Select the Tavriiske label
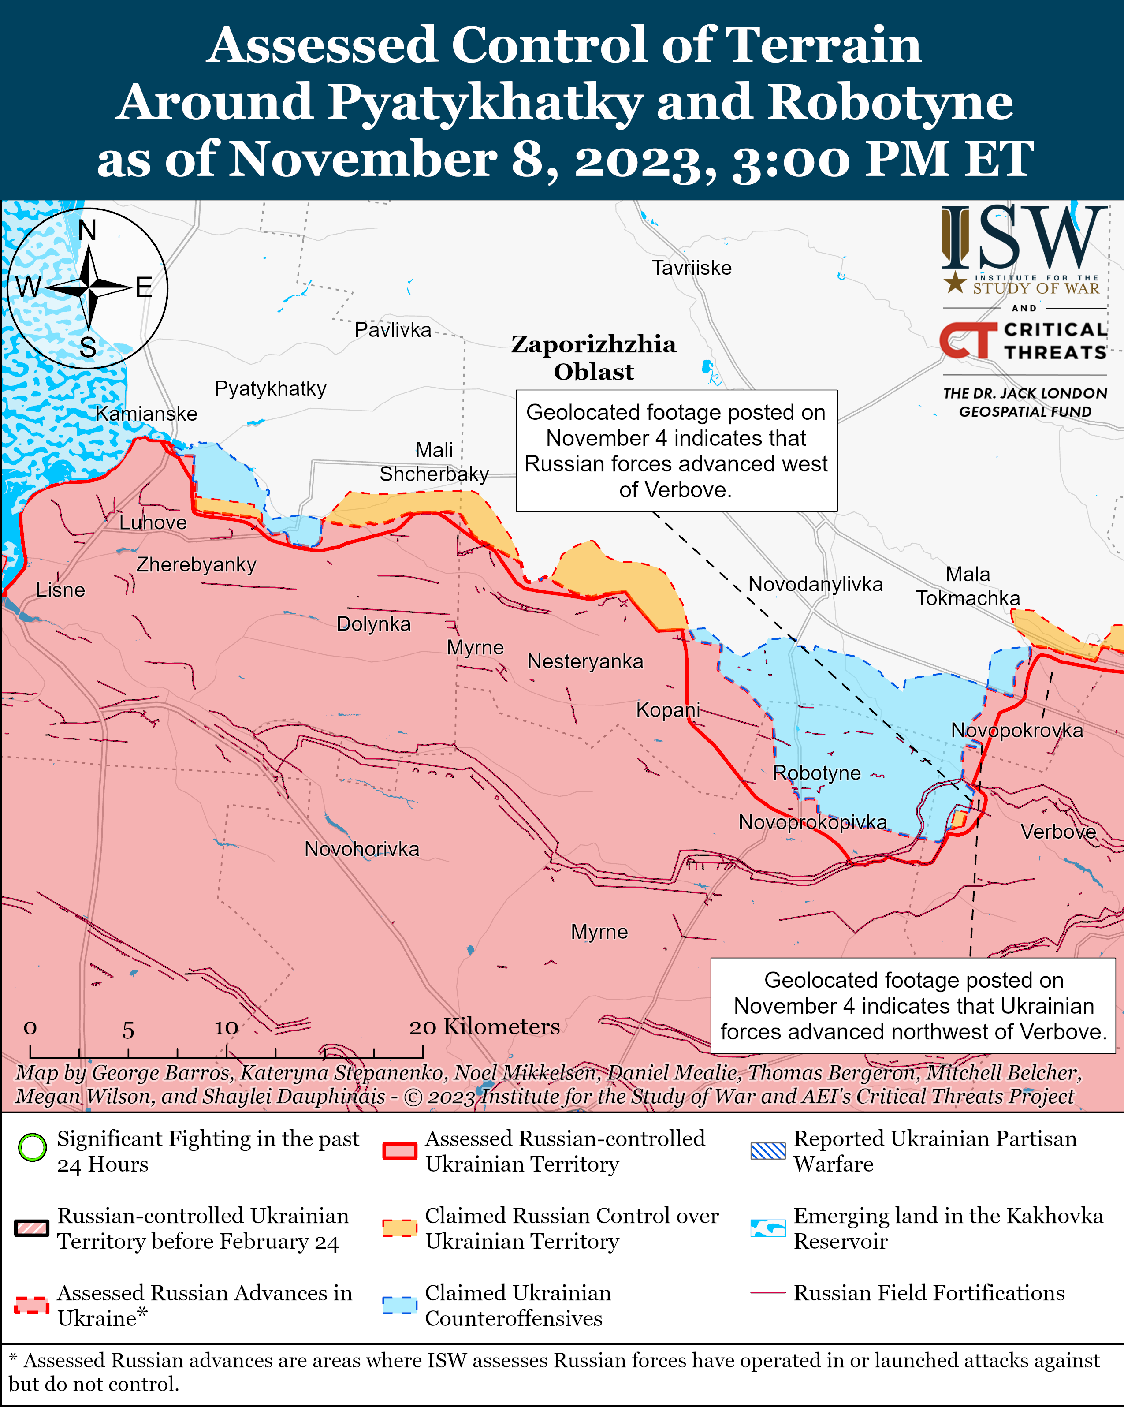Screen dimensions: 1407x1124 (x=692, y=268)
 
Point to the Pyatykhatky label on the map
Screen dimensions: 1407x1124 (x=270, y=388)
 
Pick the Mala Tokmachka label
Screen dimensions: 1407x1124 (x=968, y=586)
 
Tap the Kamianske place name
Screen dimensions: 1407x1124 (x=146, y=413)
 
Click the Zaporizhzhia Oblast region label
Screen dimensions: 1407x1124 (x=593, y=358)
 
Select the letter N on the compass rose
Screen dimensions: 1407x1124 (x=87, y=230)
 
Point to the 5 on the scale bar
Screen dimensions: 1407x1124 (x=128, y=1030)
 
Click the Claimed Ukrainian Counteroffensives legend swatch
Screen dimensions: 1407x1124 (x=399, y=1305)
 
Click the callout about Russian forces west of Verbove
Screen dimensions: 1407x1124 (x=676, y=450)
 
